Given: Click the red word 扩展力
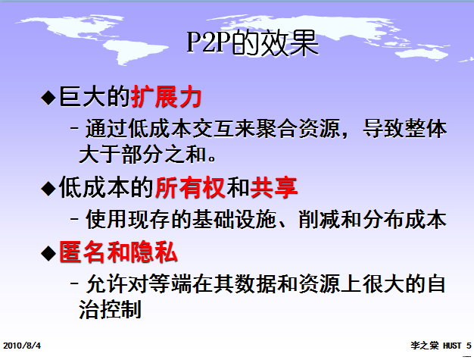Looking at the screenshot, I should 165,98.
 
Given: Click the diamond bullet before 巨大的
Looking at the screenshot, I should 48,98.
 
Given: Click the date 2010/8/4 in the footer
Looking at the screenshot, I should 21,345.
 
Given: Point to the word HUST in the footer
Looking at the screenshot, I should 453,345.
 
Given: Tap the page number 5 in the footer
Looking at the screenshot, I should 469,345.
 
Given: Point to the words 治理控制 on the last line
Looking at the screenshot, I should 111,310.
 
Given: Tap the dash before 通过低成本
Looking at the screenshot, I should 74,129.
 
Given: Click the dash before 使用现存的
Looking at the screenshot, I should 74,219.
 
